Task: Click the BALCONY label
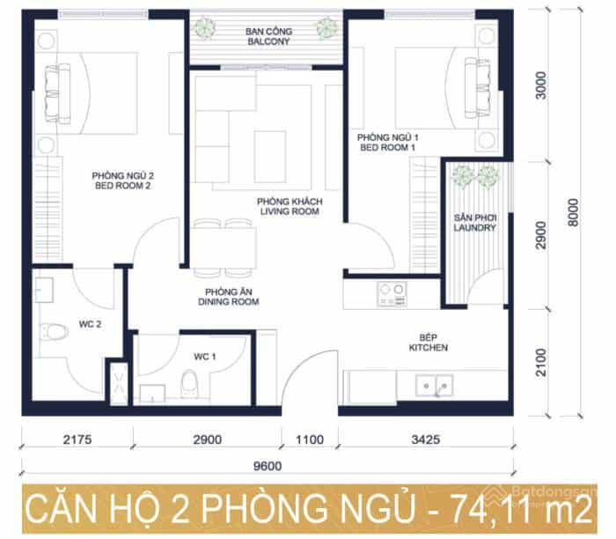pyautogui.click(x=268, y=41)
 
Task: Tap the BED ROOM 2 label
pyautogui.click(x=122, y=186)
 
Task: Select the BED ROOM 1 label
pyautogui.click(x=388, y=147)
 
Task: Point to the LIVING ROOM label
pyautogui.click(x=290, y=211)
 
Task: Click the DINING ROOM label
pyautogui.click(x=228, y=302)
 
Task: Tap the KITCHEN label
pyautogui.click(x=429, y=348)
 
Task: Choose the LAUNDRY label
pyautogui.click(x=474, y=227)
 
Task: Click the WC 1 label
pyautogui.click(x=205, y=357)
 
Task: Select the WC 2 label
pyautogui.click(x=90, y=324)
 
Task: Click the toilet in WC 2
pyautogui.click(x=55, y=331)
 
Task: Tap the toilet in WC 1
pyautogui.click(x=189, y=384)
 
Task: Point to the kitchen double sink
pyautogui.click(x=435, y=385)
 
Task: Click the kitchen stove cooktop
pyautogui.click(x=392, y=294)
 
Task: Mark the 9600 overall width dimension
pyautogui.click(x=268, y=466)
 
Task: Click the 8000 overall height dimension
pyautogui.click(x=574, y=212)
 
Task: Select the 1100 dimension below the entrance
pyautogui.click(x=310, y=439)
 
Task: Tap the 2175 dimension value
pyautogui.click(x=77, y=439)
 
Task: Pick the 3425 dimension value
pyautogui.click(x=425, y=439)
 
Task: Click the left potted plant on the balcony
pyautogui.click(x=204, y=27)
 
